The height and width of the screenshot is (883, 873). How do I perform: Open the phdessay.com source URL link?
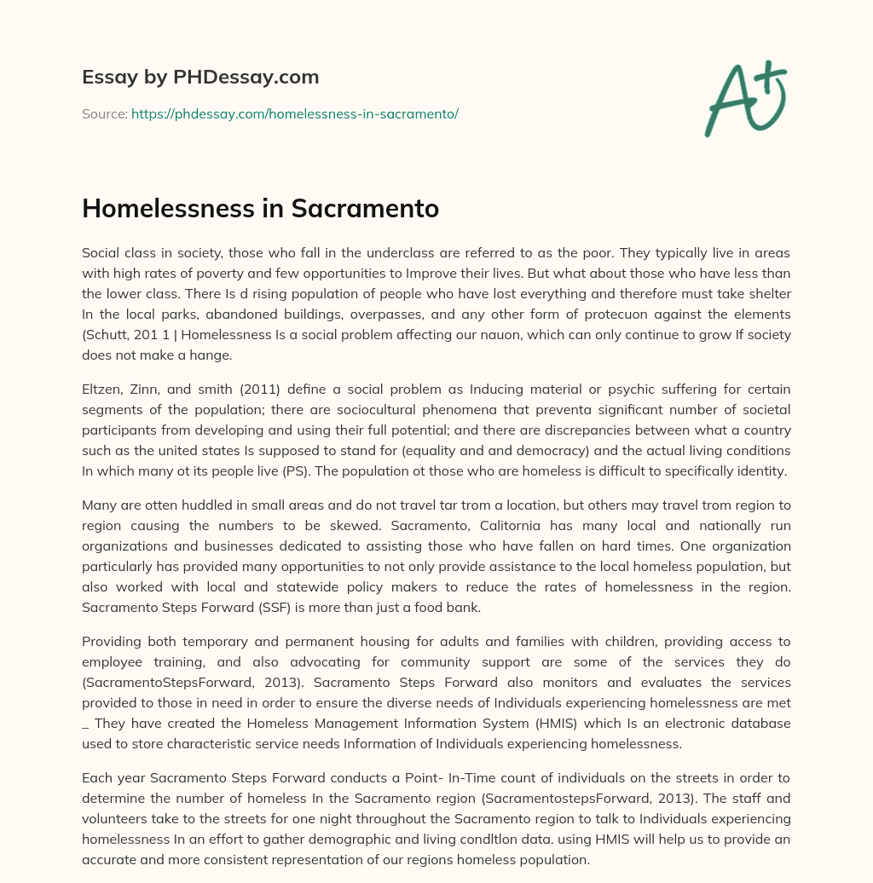(294, 113)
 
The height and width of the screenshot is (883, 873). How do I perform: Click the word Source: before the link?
(105, 113)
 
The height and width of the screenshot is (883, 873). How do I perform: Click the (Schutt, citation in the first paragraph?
(106, 334)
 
